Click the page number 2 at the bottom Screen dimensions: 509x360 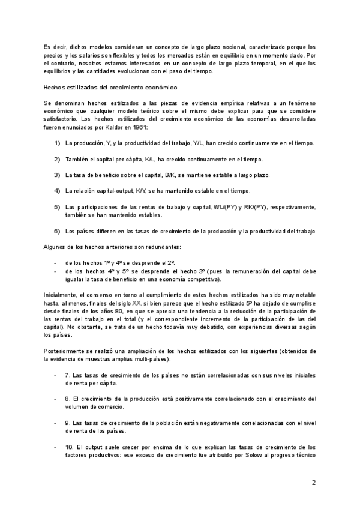pos(313,483)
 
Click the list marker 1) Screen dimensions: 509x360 pos(57,143)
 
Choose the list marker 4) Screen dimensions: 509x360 pos(57,191)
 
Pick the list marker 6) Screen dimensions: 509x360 pos(57,231)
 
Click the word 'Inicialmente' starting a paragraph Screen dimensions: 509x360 pos(61,295)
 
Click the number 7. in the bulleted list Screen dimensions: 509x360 pos(68,375)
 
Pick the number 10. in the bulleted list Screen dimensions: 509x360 pos(70,447)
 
